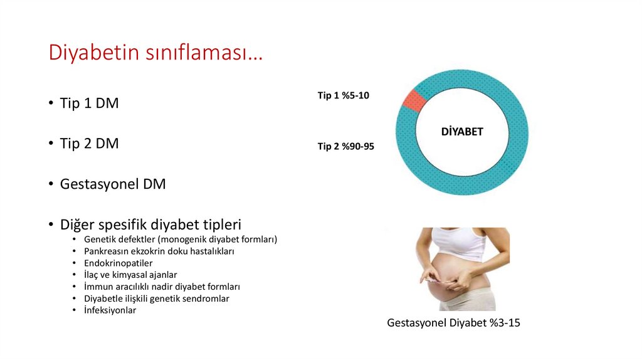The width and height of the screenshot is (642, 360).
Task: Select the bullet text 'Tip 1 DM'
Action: [x=89, y=103]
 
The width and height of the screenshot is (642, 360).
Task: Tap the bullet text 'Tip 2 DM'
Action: [x=89, y=144]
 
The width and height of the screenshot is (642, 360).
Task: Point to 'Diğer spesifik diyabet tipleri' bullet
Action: [x=150, y=224]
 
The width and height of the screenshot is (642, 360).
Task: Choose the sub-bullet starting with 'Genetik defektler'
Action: [x=180, y=240]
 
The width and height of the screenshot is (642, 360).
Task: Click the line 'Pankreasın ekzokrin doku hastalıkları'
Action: [x=159, y=251]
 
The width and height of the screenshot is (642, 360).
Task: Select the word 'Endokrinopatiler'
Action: [x=118, y=263]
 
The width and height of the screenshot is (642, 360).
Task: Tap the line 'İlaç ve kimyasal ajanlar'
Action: [x=130, y=275]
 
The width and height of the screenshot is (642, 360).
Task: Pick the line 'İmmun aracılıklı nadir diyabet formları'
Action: [x=162, y=287]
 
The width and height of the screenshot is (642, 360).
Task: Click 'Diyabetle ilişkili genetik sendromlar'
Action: [x=156, y=299]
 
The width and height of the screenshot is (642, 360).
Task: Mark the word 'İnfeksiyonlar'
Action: [x=110, y=310]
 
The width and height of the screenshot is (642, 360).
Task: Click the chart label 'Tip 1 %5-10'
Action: [x=344, y=95]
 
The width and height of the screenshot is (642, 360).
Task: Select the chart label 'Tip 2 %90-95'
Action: [x=346, y=147]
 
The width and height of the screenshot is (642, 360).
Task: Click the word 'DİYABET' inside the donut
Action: [x=462, y=132]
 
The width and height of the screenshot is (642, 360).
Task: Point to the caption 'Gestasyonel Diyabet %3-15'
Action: [x=454, y=324]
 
